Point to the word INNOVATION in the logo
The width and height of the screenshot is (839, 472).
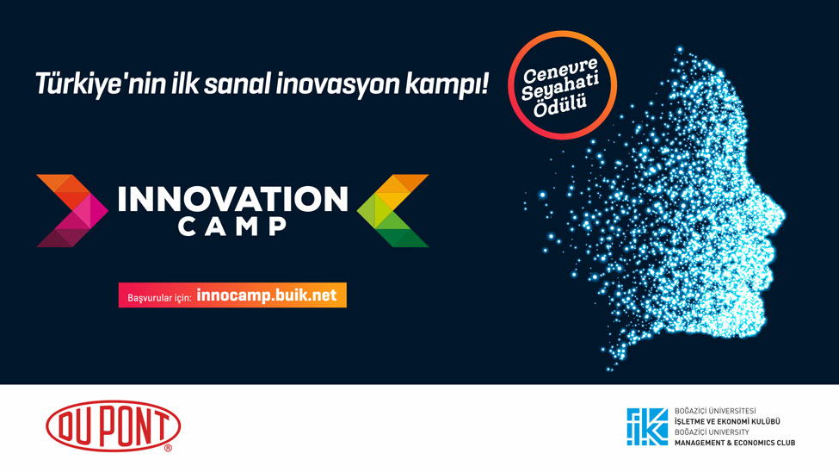coord(232,199)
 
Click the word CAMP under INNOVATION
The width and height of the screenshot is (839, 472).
coord(232,227)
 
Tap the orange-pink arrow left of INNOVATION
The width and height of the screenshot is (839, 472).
coord(72,210)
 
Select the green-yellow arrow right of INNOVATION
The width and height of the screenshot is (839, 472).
coord(392,210)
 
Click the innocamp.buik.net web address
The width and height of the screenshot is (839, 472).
coord(267,295)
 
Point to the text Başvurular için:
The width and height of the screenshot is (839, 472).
coord(159,297)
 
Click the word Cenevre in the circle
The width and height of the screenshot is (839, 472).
coord(559,70)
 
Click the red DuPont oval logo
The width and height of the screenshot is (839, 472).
coord(114,426)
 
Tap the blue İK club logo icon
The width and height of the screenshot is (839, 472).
coord(647,426)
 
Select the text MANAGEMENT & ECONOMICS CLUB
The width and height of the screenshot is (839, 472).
coord(735,443)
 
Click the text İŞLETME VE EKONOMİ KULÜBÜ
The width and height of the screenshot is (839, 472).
coord(727,422)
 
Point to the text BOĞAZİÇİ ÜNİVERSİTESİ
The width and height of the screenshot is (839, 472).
coord(715,411)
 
